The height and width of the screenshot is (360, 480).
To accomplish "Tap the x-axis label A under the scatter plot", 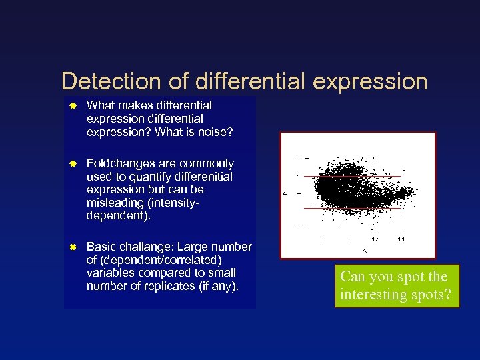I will pos(364,251).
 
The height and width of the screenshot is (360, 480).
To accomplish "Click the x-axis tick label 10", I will pos(348,238).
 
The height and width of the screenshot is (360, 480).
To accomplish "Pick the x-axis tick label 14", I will pos(401,238).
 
